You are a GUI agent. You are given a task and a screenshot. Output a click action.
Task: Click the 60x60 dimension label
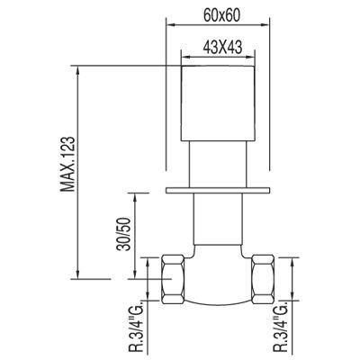point(221,15)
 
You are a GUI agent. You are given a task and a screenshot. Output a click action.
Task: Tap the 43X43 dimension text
point(222,47)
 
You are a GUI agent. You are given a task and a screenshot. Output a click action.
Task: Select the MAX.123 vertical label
point(67,164)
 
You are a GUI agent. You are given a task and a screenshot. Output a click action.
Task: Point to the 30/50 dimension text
point(124,234)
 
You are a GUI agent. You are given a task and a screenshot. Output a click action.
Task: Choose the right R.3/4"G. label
point(281,330)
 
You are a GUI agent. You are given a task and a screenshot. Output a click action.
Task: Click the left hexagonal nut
point(173,279)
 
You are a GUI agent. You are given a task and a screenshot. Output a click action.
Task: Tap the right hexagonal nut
point(263,279)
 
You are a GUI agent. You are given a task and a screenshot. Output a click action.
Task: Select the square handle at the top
point(218,103)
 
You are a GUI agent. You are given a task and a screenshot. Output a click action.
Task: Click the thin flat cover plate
point(218,190)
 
